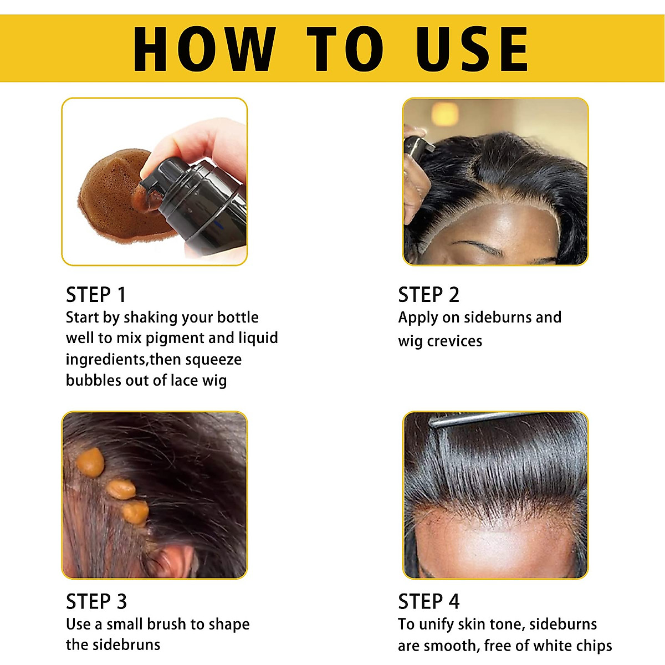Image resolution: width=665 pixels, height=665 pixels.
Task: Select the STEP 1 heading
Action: click(96, 295)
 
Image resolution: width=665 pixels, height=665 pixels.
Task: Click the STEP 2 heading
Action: click(428, 295)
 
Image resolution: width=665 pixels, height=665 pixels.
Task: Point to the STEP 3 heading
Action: click(96, 601)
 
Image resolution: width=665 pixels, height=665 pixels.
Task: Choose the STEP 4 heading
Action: click(428, 601)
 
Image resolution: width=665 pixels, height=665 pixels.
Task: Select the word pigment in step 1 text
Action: click(175, 339)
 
